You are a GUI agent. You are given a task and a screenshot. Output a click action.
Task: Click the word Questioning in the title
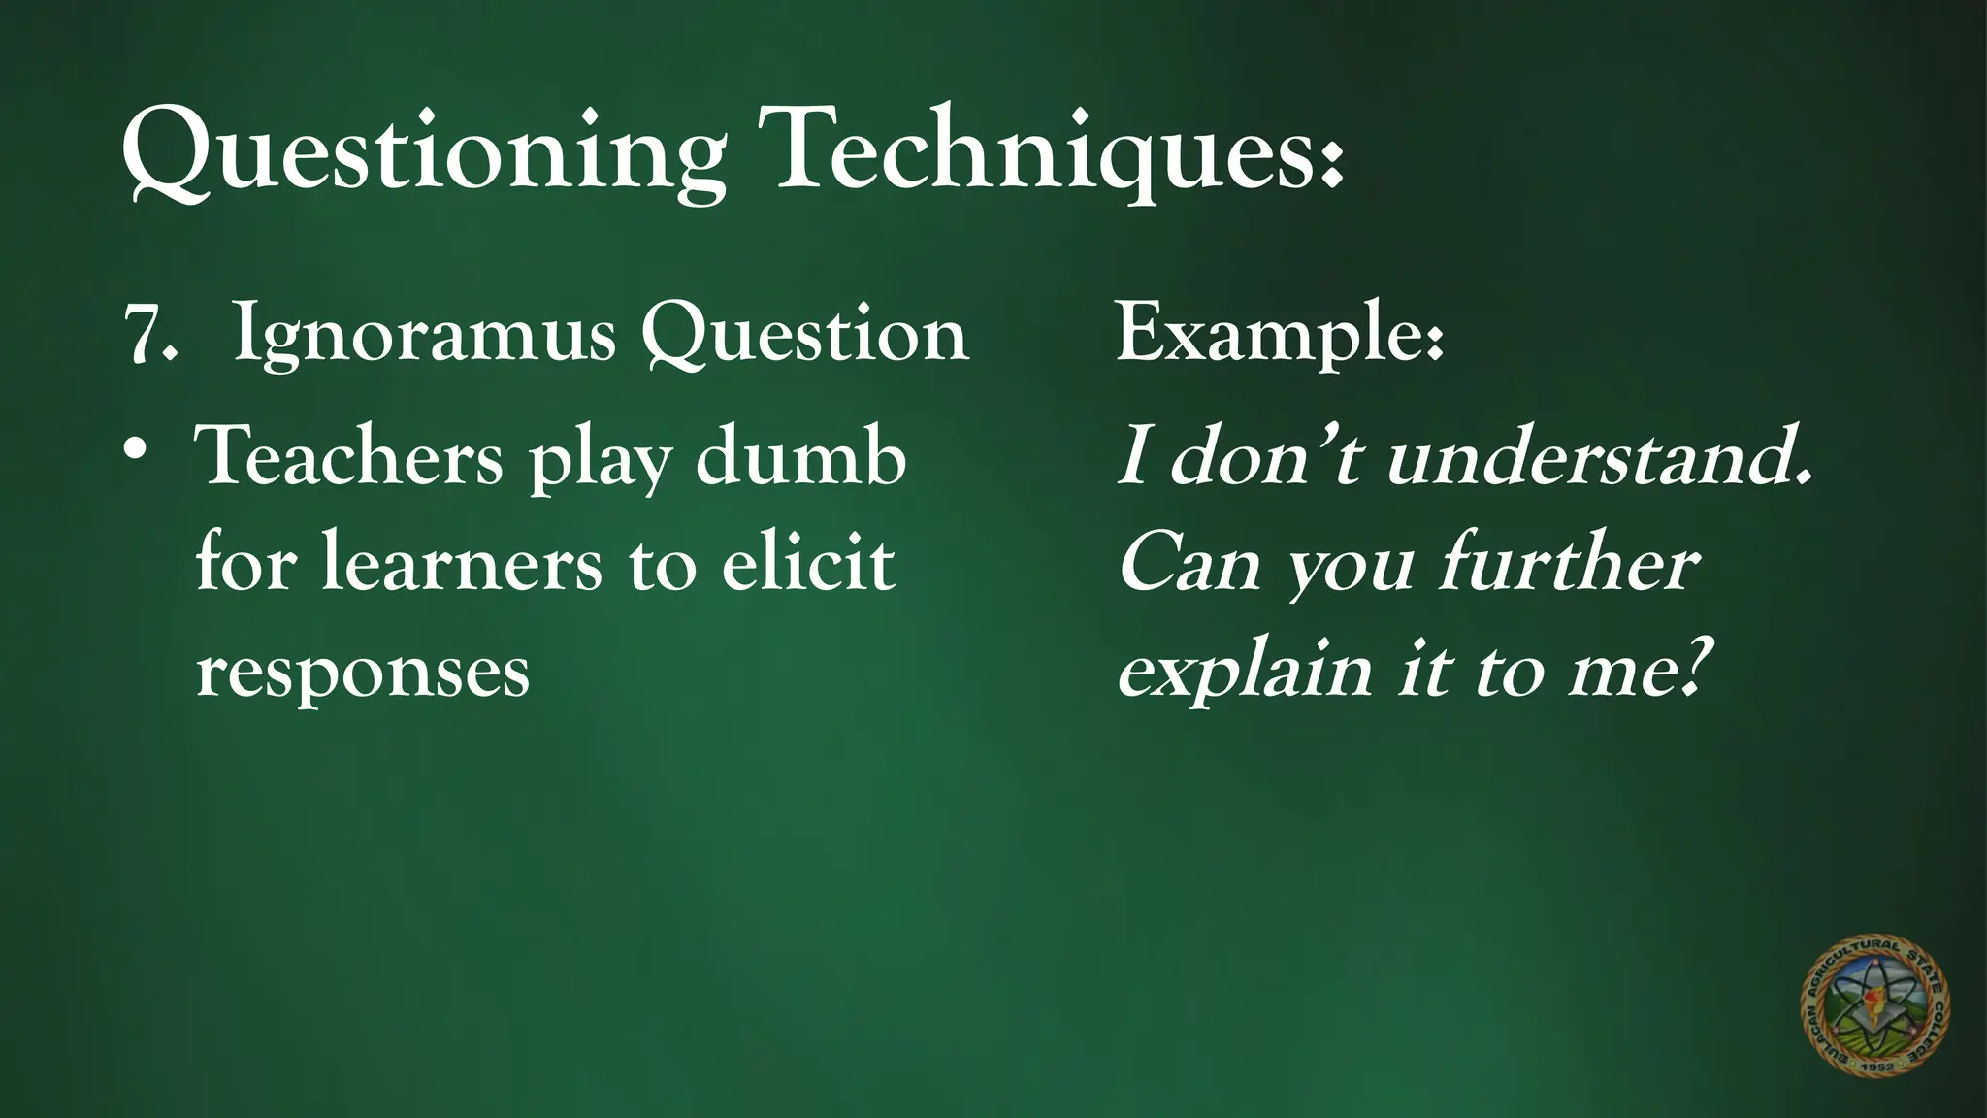(x=423, y=150)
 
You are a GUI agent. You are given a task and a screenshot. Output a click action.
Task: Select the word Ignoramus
(x=425, y=336)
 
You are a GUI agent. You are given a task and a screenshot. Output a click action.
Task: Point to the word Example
(x=1279, y=334)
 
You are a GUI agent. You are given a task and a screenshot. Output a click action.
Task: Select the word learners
(x=462, y=563)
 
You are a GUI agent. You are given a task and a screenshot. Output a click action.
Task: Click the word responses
(x=363, y=672)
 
